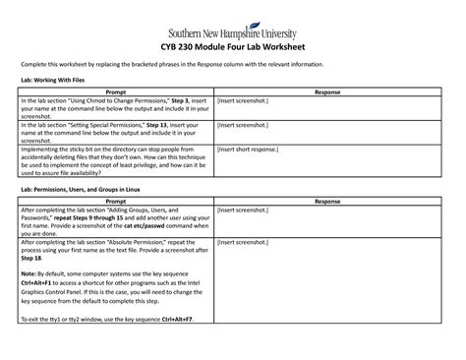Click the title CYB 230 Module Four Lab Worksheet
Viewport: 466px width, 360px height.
pos(232,45)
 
